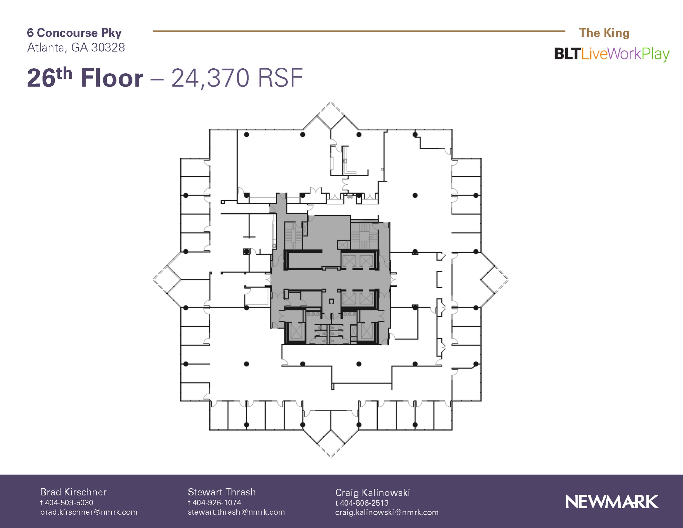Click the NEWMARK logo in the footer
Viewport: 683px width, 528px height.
click(612, 502)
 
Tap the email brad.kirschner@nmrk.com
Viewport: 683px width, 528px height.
click(89, 512)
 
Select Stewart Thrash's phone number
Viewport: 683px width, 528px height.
click(214, 502)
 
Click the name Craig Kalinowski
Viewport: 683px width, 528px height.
click(372, 492)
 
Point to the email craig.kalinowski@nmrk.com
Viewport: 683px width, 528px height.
click(387, 512)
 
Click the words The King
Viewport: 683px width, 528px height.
click(604, 33)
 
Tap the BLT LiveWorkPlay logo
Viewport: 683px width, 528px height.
click(612, 54)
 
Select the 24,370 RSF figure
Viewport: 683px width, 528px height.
click(237, 78)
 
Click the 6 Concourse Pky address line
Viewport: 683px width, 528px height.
click(74, 33)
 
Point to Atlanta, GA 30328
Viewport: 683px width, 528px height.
click(76, 47)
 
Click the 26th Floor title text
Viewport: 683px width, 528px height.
click(85, 78)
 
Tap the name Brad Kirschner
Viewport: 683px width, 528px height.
click(73, 492)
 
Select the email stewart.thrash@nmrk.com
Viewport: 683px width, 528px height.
click(236, 512)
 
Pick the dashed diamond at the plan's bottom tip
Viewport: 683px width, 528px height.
click(330, 444)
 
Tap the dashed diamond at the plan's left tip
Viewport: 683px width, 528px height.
click(166, 280)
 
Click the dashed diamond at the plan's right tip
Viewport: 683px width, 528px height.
click(495, 280)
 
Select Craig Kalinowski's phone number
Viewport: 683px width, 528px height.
click(362, 503)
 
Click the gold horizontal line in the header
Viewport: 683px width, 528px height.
click(359, 31)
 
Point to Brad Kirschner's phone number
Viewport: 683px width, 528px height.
click(67, 502)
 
